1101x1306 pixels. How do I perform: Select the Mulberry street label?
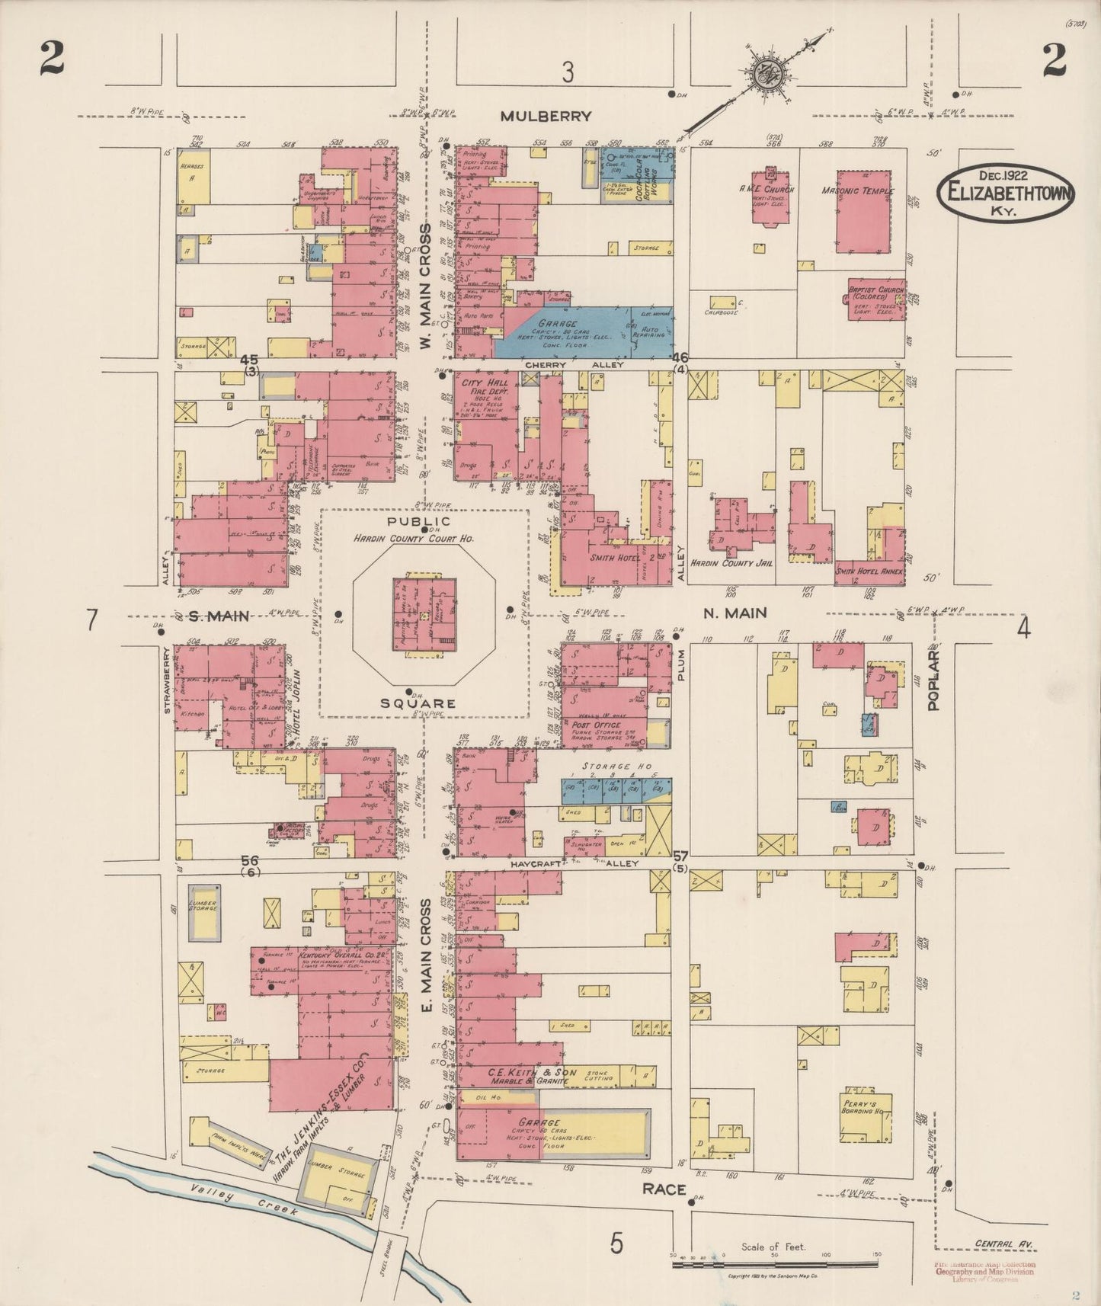tap(546, 117)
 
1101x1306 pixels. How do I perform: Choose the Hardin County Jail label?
tap(737, 562)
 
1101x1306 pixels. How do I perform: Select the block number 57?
tap(680, 856)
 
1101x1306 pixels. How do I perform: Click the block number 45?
tap(249, 360)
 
